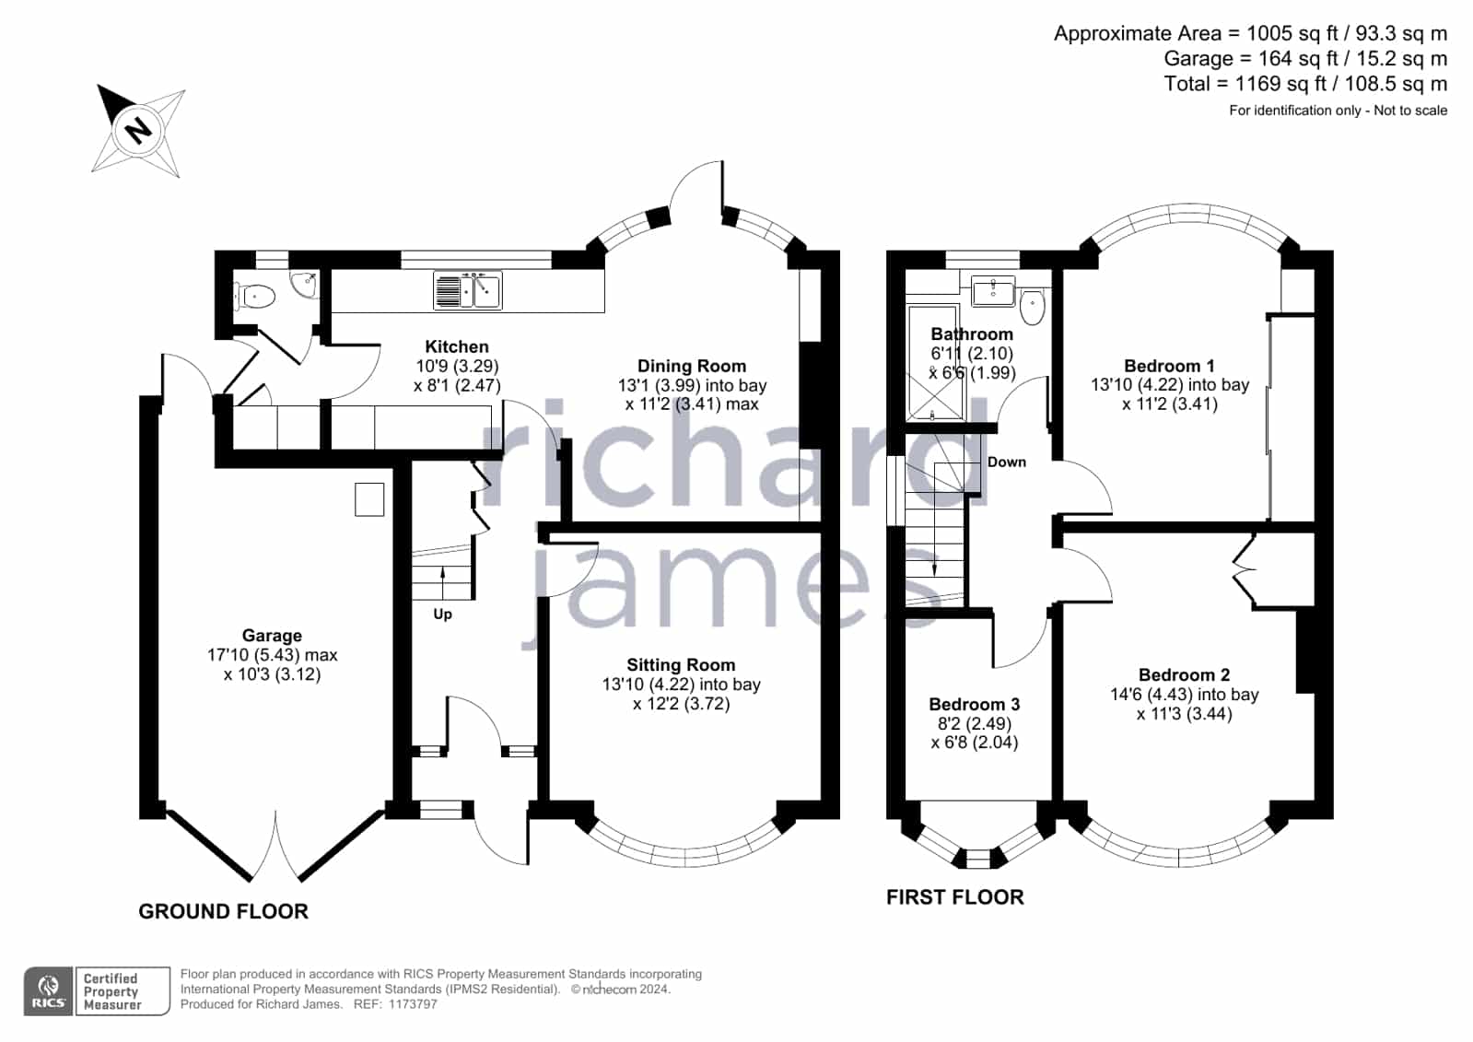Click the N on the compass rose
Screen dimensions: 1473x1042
pos(138,130)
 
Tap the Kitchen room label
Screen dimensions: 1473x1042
pos(457,346)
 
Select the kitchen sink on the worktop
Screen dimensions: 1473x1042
pos(468,290)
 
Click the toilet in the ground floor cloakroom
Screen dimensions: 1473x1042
pos(255,297)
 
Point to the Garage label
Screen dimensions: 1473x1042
pos(273,636)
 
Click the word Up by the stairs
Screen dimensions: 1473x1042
pos(442,615)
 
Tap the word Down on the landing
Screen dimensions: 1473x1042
pos(1007,462)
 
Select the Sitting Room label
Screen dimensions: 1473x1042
pos(682,665)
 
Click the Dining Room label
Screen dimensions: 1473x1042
pos(692,367)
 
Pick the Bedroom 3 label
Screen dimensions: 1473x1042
pos(975,705)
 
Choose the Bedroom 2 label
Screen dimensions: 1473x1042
pos(1185,675)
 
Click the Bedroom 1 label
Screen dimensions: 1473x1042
pos(1170,366)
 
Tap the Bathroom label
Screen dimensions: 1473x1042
pos(972,334)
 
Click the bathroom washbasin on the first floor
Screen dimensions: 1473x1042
pos(994,291)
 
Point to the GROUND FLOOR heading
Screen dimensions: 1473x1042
pos(224,912)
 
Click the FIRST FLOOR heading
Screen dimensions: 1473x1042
pos(955,897)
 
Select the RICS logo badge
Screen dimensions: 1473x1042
pos(49,991)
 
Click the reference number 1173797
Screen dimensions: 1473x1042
pos(413,1004)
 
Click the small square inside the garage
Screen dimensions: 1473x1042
pos(369,499)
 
